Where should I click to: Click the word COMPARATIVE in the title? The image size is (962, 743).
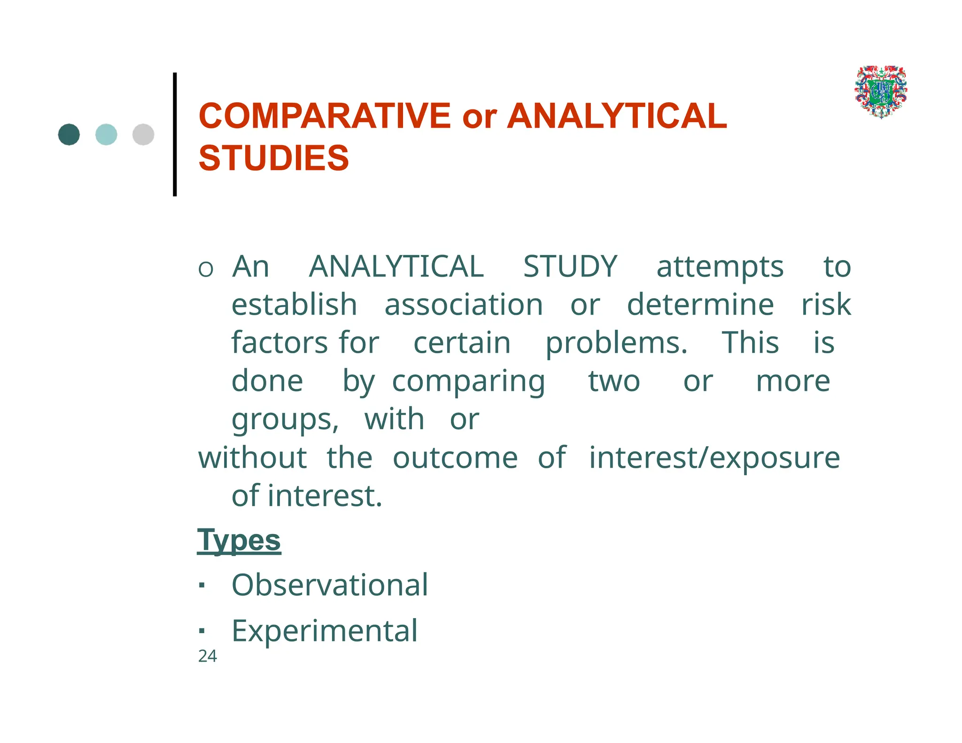[325, 116]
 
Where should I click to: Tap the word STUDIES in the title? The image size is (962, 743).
[273, 158]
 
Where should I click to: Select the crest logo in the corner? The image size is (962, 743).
[881, 92]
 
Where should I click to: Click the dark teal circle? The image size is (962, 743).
[69, 135]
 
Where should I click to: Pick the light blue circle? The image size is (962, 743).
[106, 135]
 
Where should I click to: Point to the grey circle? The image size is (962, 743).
[143, 135]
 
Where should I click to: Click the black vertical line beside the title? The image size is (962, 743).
[175, 134]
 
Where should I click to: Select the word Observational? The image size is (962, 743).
[330, 585]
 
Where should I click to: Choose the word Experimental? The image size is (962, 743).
[325, 631]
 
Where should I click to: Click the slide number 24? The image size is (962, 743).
[207, 656]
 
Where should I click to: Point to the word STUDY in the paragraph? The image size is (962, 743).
[570, 267]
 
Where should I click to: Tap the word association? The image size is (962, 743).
[464, 305]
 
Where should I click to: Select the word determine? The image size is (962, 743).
[700, 305]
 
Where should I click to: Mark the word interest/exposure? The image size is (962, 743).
[714, 458]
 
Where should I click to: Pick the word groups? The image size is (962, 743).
[285, 420]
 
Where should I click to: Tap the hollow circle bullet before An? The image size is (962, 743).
[206, 270]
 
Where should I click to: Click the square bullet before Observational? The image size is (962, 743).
[202, 586]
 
